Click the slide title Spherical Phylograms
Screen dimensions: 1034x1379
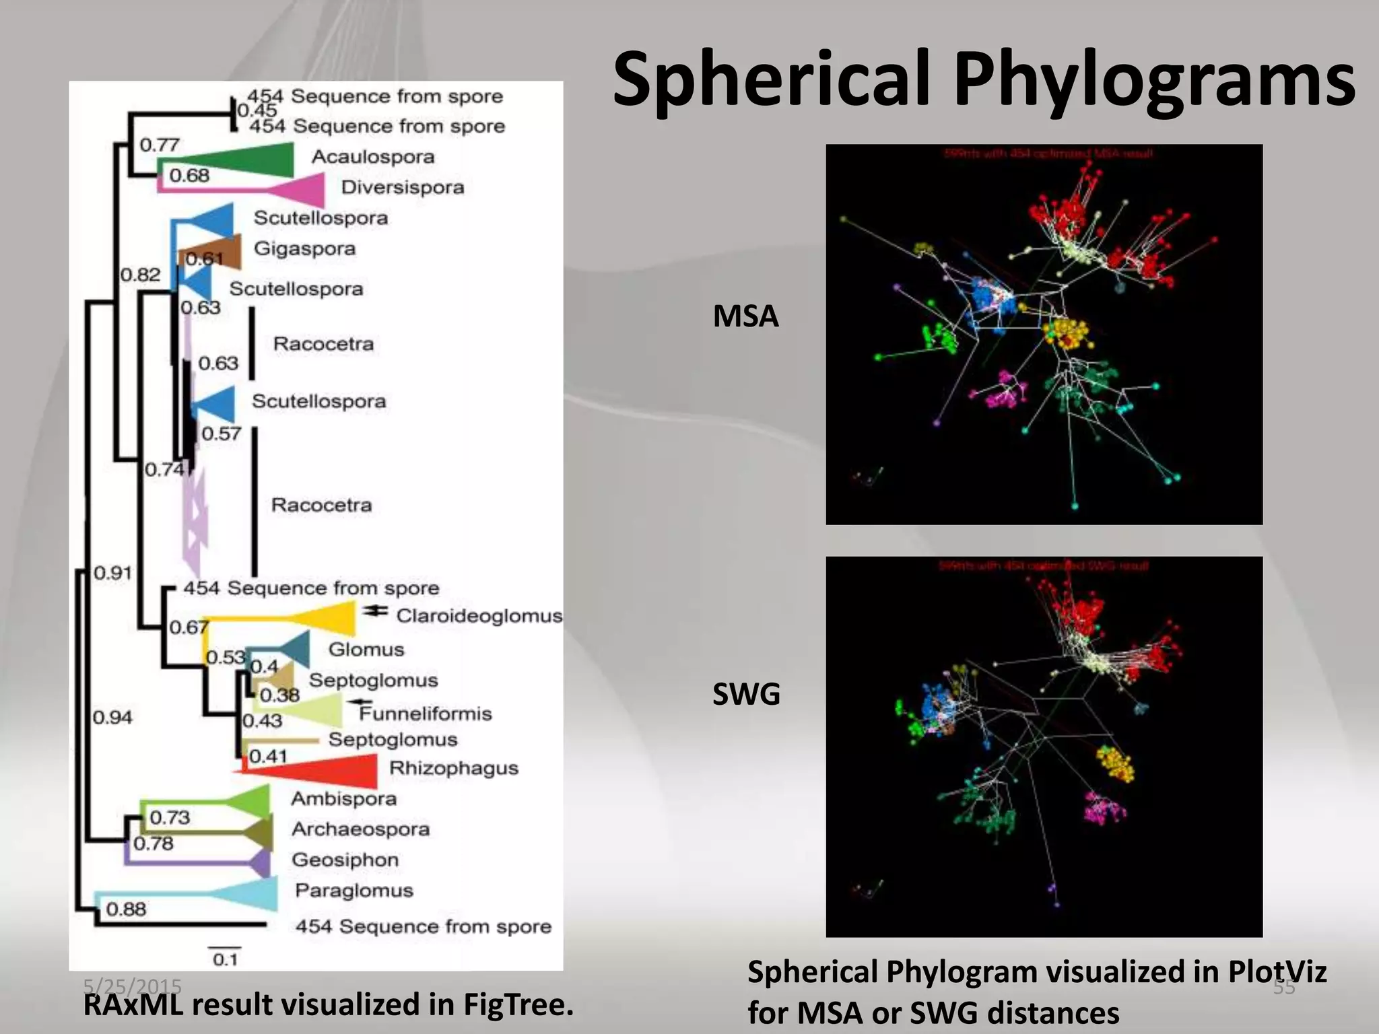[x=983, y=79]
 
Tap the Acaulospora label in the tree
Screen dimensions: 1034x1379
[x=372, y=157]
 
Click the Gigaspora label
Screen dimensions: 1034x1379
[x=304, y=248]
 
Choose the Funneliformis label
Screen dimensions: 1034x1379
[x=426, y=714]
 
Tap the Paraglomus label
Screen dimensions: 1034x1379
[x=354, y=890]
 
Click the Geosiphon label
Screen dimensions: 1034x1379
[x=345, y=860]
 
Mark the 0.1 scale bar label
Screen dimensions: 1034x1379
[x=226, y=959]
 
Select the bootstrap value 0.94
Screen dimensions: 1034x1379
[x=112, y=718]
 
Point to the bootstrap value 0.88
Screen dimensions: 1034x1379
[x=126, y=909]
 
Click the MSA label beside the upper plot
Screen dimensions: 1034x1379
[x=745, y=316]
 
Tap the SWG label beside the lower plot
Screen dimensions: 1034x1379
[x=746, y=694]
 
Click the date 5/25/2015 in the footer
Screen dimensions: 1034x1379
[x=132, y=986]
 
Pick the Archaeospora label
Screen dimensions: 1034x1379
[x=360, y=829]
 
